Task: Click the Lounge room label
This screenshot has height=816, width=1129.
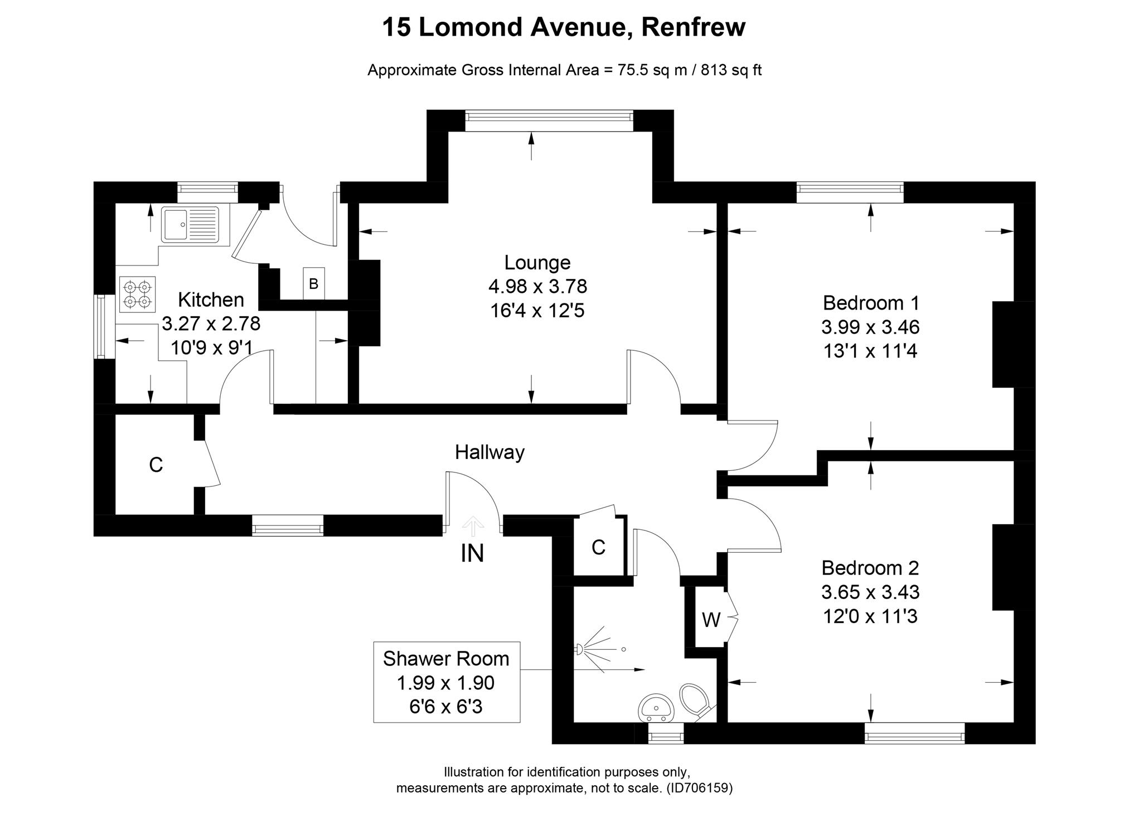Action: pos(537,262)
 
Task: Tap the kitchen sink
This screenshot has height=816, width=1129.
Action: pos(190,224)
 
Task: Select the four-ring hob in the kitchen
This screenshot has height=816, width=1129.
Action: pos(137,294)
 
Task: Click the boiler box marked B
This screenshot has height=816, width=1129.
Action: pos(313,284)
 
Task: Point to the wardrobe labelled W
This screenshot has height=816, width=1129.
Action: pos(711,619)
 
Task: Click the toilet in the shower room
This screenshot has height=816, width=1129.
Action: pos(695,699)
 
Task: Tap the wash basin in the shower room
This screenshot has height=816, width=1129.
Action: pos(656,708)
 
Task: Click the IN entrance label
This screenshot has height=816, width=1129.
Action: pos(472,553)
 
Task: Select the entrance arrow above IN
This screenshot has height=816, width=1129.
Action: pos(473,526)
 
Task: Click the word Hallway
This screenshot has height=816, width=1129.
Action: pos(490,452)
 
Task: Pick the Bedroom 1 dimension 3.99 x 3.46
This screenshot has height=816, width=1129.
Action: pos(870,327)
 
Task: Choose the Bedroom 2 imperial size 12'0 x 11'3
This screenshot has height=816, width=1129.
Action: pos(870,616)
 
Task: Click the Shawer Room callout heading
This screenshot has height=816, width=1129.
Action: pos(446,659)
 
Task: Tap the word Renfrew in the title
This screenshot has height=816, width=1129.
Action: pos(693,27)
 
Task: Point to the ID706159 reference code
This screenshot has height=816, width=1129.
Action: pos(699,788)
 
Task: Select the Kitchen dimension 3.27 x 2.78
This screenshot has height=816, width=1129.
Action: pos(211,323)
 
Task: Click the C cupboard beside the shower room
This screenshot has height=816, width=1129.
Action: pos(598,548)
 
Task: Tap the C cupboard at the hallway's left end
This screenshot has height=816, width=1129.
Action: pos(156,465)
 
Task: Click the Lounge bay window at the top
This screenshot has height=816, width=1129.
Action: pos(549,117)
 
